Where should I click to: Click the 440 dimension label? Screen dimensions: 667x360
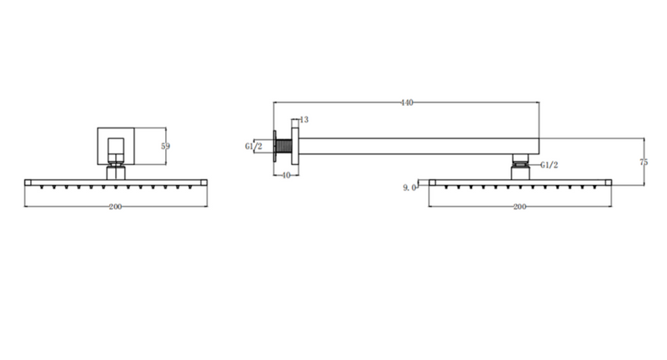(x=407, y=102)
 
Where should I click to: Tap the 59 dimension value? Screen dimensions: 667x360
(x=165, y=146)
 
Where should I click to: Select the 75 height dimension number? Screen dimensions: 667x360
(x=644, y=162)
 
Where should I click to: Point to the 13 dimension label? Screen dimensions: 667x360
(x=304, y=120)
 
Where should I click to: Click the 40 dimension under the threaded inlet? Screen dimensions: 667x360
(x=286, y=175)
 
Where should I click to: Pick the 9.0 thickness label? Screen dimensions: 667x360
(x=409, y=187)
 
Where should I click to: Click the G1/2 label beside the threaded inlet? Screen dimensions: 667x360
(x=253, y=147)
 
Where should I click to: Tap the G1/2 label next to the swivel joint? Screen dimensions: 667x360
(x=549, y=165)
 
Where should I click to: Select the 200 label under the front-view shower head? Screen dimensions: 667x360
(x=115, y=207)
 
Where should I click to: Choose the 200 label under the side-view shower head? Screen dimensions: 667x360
(x=519, y=207)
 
